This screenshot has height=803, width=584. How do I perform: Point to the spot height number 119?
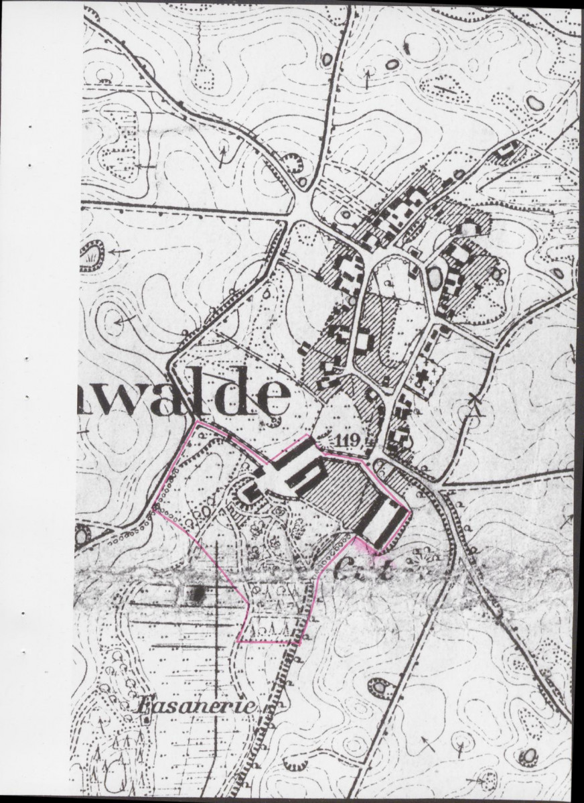(x=349, y=440)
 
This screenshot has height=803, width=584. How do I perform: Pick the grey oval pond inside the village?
(x=435, y=277)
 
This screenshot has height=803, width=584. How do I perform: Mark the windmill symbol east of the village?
(x=476, y=409)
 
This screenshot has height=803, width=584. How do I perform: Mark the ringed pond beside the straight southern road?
(x=380, y=687)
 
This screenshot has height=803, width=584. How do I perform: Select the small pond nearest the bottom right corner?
(x=528, y=756)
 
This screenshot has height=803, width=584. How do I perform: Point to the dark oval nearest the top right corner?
(x=534, y=103)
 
